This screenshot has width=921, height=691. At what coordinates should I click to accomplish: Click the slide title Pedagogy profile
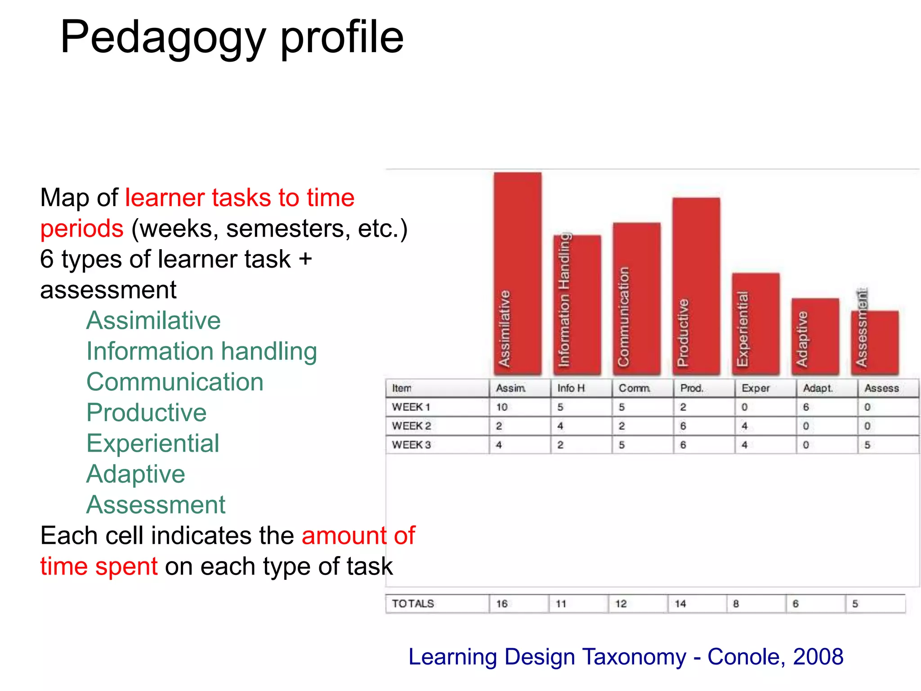[232, 38]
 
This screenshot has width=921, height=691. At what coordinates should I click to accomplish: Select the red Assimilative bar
[517, 273]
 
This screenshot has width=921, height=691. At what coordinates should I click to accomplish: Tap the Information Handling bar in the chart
[577, 305]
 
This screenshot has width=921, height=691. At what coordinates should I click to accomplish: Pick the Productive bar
[696, 286]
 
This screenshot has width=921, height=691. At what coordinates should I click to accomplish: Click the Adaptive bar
[815, 336]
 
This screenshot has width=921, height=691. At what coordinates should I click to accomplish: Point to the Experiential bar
[756, 323]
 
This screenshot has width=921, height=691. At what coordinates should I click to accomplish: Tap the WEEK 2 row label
[411, 426]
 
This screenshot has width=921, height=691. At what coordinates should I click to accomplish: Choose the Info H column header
[571, 388]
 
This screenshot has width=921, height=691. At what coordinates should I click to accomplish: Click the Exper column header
[756, 388]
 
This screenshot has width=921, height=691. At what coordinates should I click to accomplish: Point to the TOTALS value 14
[680, 604]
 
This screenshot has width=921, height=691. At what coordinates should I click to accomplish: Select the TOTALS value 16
[502, 604]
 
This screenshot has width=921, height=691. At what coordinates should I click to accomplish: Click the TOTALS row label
[413, 604]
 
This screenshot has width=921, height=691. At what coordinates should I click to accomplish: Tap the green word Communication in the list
[174, 382]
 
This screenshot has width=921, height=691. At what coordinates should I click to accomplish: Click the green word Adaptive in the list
[135, 474]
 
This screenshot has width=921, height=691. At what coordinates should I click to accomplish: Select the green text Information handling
[201, 351]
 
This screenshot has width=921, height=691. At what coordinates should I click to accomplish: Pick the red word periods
[81, 229]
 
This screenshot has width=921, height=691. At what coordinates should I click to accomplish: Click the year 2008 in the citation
[818, 657]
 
